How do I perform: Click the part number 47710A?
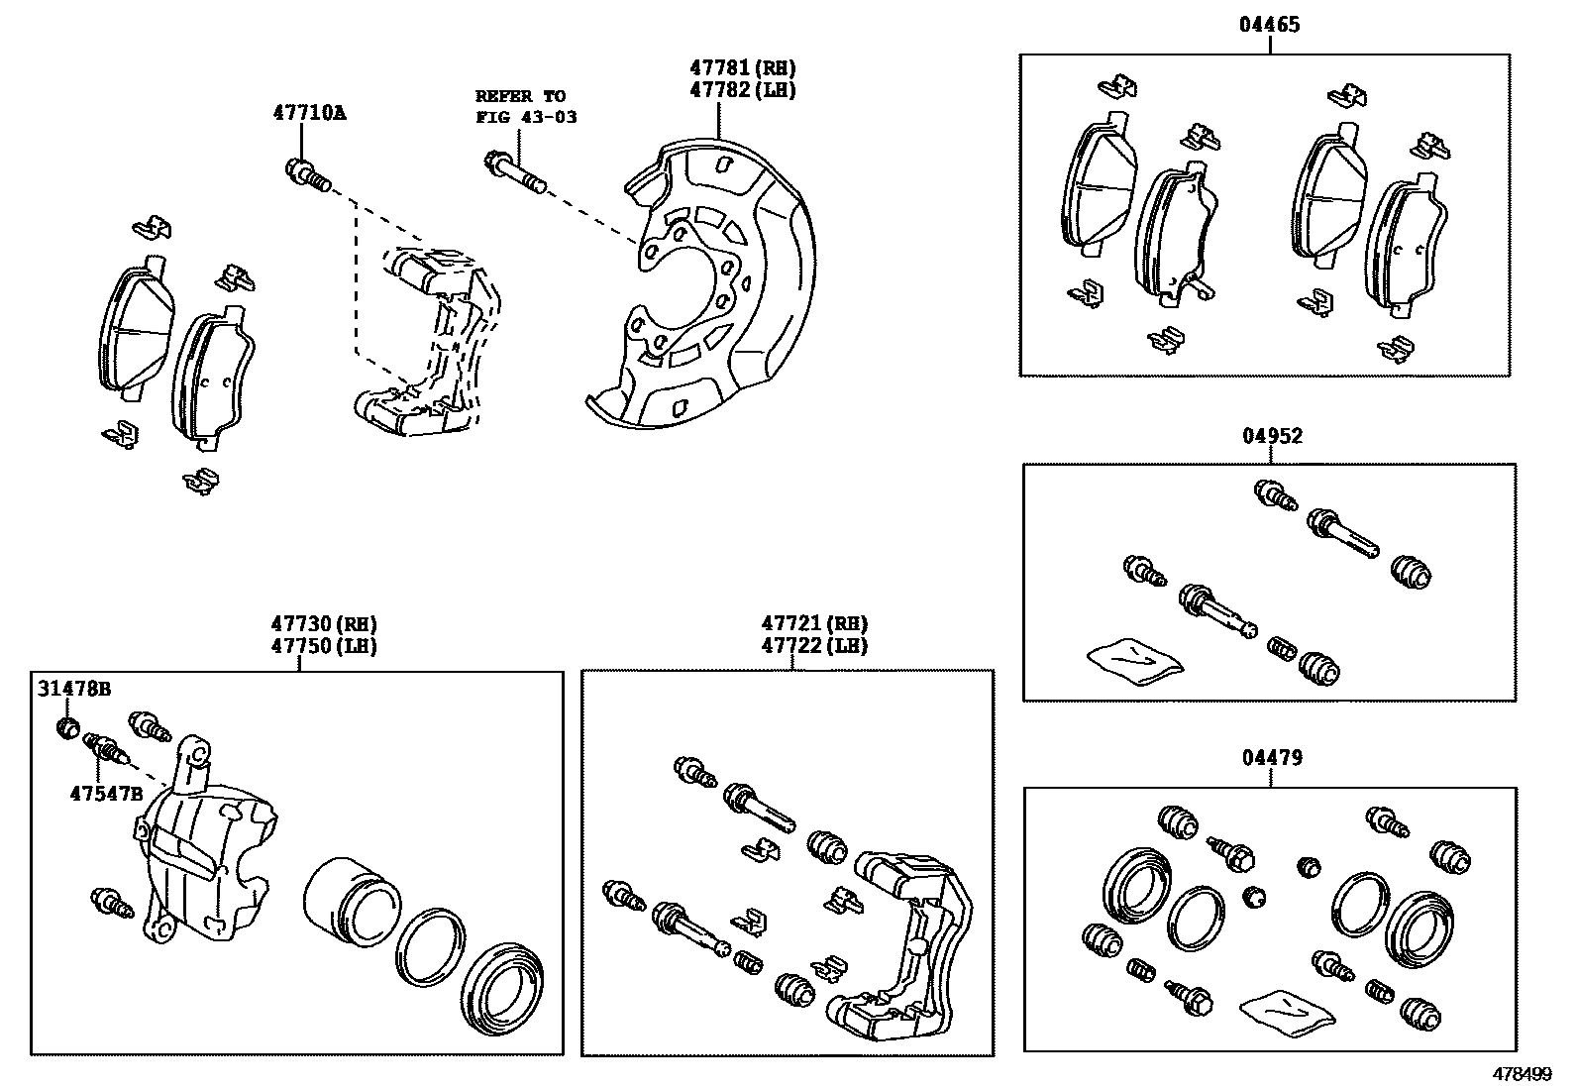tap(309, 113)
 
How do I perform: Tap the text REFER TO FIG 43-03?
tap(525, 106)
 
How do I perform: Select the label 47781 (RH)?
tap(743, 68)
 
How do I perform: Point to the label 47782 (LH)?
tap(743, 90)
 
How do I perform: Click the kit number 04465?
tap(1269, 25)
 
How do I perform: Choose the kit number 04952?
tap(1272, 436)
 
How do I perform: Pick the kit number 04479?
tap(1271, 758)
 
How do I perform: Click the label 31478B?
tap(74, 689)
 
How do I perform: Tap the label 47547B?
tap(106, 794)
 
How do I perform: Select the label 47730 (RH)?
tap(324, 624)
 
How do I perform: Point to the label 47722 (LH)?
tap(814, 646)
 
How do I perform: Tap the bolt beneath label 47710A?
tap(306, 176)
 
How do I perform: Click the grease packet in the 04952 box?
tap(1135, 659)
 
